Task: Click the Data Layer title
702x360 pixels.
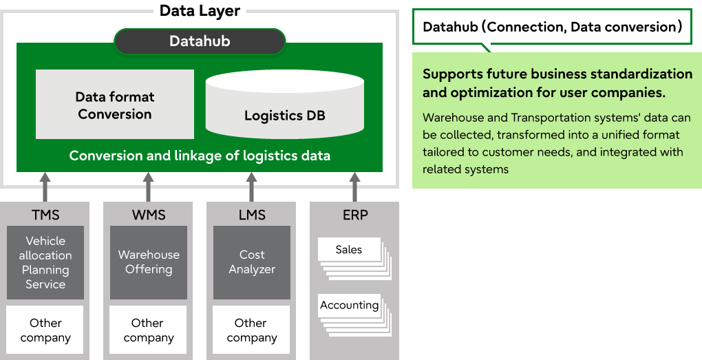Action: pyautogui.click(x=200, y=10)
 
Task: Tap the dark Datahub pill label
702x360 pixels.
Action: pyautogui.click(x=200, y=41)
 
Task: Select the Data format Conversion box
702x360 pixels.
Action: pyautogui.click(x=115, y=105)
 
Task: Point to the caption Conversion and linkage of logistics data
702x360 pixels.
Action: pyautogui.click(x=200, y=156)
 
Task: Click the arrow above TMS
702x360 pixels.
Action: pyautogui.click(x=45, y=187)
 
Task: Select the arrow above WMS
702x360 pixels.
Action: pyautogui.click(x=148, y=187)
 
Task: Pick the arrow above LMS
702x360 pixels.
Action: pyautogui.click(x=251, y=187)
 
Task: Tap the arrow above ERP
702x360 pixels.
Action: pyautogui.click(x=354, y=187)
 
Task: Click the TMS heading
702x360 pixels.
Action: pyautogui.click(x=45, y=215)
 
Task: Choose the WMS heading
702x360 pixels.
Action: pyautogui.click(x=149, y=215)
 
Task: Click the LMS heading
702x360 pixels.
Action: pyautogui.click(x=252, y=215)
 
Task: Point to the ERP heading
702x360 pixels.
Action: pyautogui.click(x=355, y=215)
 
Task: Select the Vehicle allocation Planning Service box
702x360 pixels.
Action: pyautogui.click(x=45, y=262)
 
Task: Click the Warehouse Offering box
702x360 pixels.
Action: pyautogui.click(x=149, y=262)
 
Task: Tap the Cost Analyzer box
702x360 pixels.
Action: pyautogui.click(x=252, y=262)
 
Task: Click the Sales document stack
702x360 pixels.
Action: pyautogui.click(x=354, y=258)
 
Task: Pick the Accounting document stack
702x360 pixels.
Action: pyautogui.click(x=354, y=315)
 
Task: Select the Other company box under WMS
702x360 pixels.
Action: pyautogui.click(x=148, y=330)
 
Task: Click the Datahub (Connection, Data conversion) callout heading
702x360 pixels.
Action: pyautogui.click(x=552, y=27)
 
